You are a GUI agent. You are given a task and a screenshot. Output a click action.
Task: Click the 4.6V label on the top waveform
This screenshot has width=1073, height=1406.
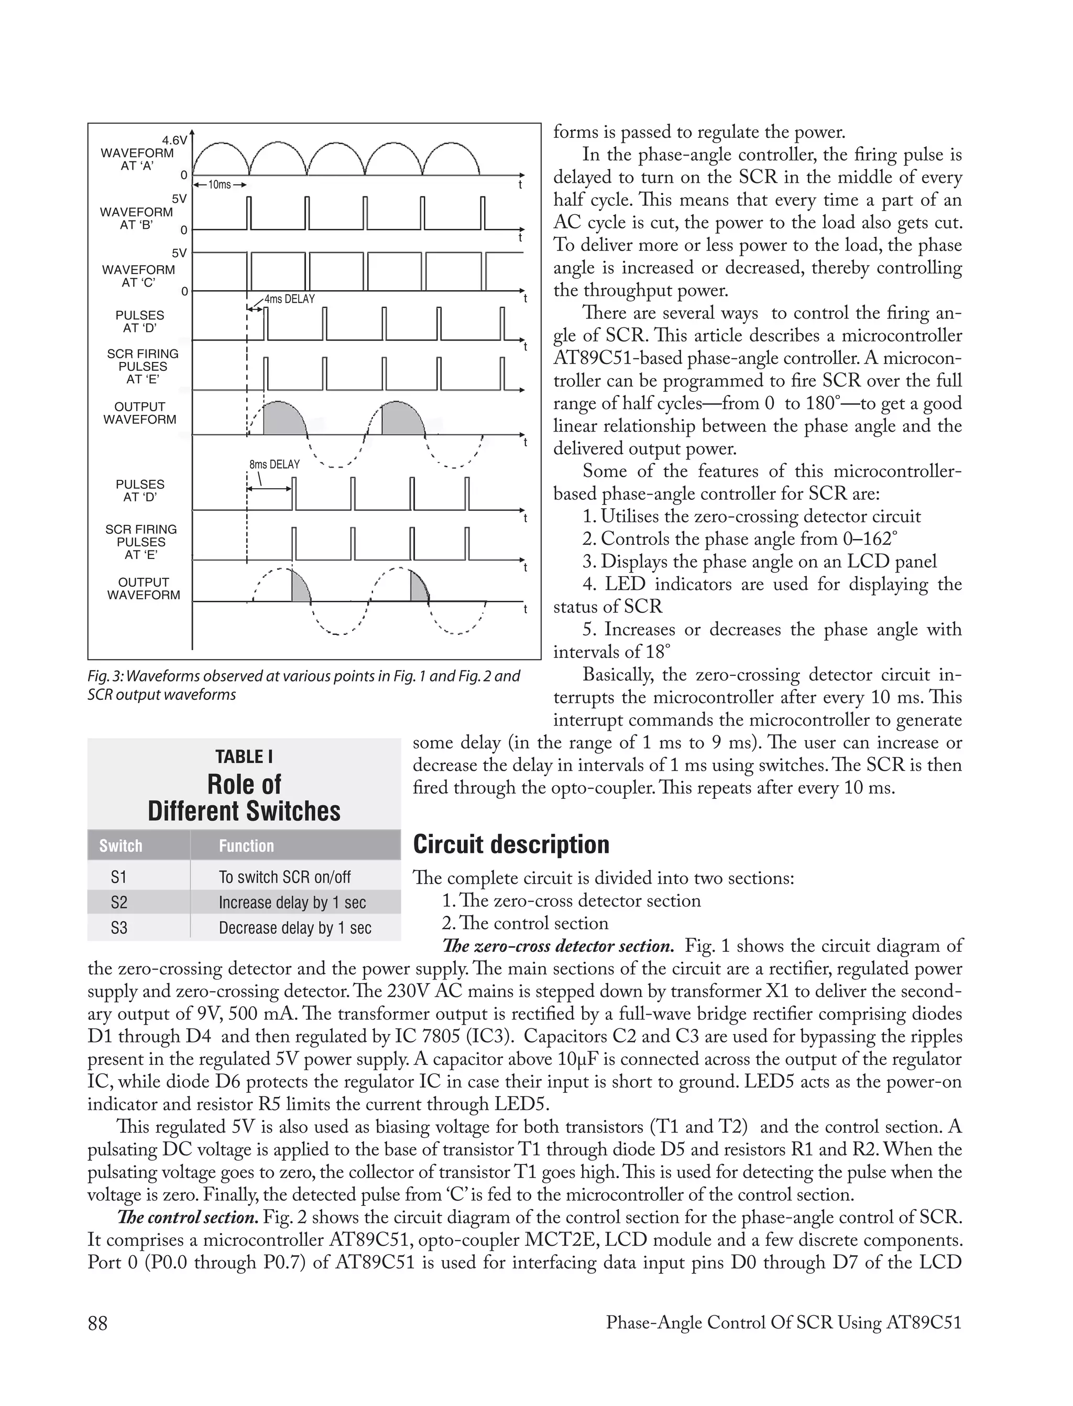[174, 140]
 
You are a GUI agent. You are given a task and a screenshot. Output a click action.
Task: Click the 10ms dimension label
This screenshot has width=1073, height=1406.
[220, 184]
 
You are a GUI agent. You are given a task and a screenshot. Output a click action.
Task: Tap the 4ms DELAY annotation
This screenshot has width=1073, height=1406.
[289, 299]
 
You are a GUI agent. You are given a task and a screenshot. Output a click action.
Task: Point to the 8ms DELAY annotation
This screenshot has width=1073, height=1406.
[274, 464]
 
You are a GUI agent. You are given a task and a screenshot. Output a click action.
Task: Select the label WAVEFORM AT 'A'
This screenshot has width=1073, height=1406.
[137, 159]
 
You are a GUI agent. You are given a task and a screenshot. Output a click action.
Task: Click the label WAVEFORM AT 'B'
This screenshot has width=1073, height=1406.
[136, 218]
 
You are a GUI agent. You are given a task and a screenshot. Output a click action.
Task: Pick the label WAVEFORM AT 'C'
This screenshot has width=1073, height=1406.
[138, 276]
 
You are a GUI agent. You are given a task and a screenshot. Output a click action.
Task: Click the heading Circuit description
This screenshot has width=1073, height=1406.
[511, 844]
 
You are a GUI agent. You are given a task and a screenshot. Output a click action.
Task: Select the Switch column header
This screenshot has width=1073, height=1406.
[121, 846]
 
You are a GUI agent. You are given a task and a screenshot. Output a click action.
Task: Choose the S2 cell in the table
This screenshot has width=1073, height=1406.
[119, 902]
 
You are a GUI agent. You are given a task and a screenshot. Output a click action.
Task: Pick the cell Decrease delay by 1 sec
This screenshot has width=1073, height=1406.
[294, 928]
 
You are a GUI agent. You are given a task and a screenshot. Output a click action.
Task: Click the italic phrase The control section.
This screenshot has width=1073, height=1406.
[188, 1217]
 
